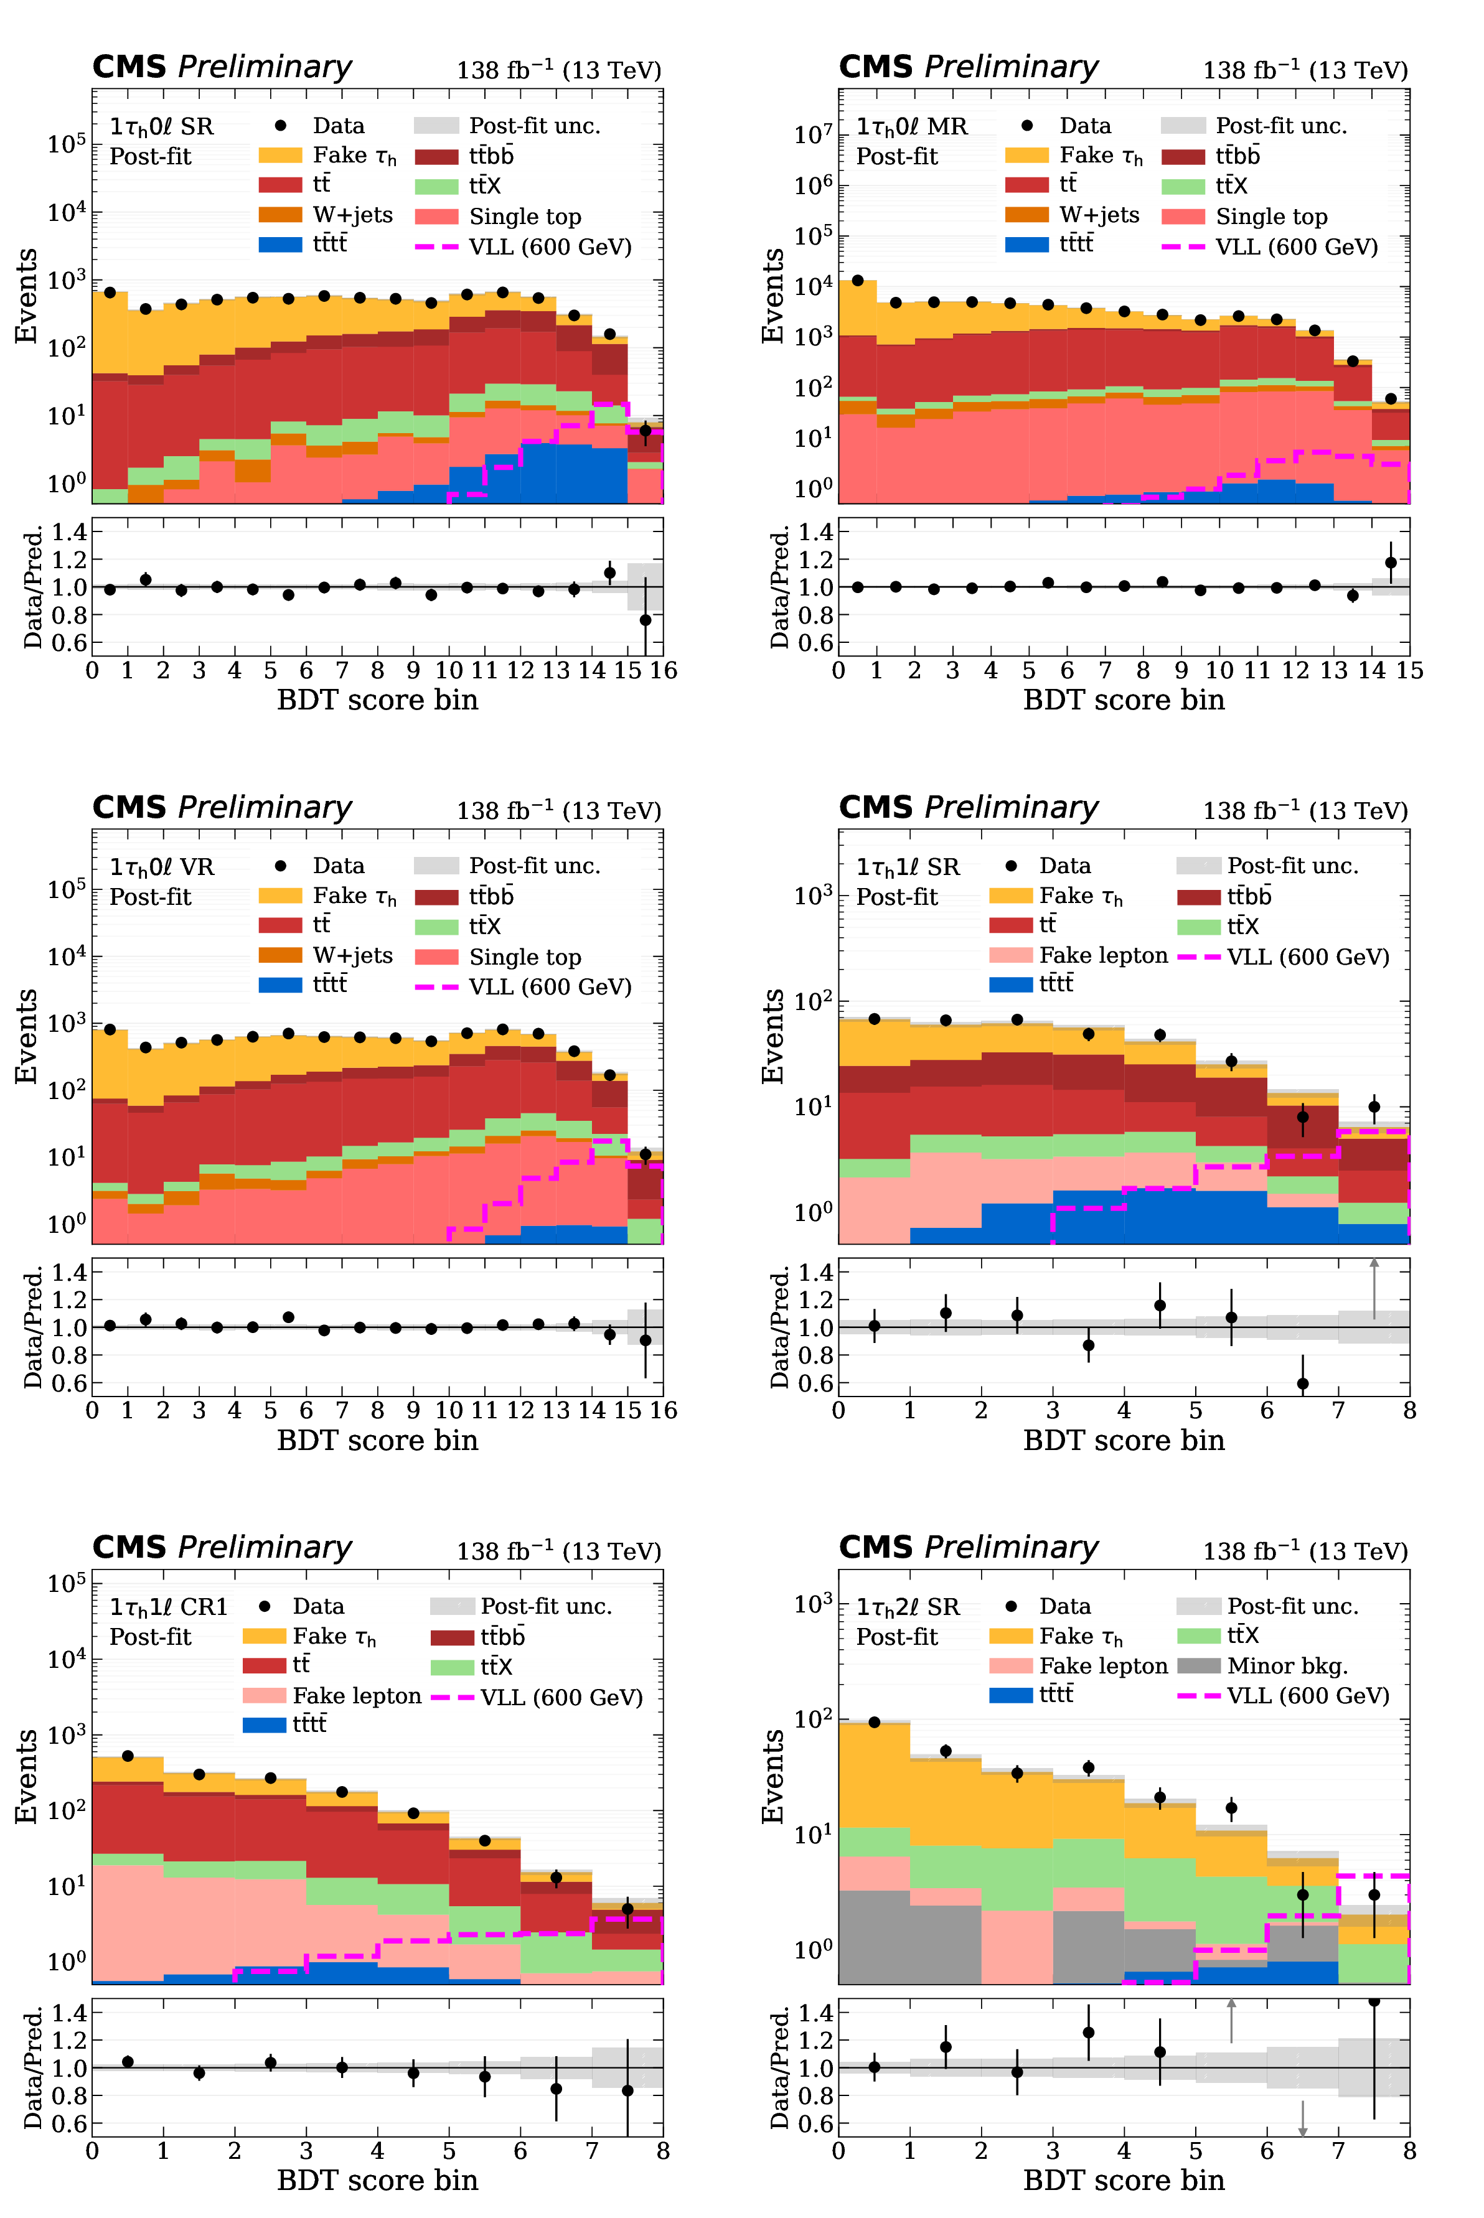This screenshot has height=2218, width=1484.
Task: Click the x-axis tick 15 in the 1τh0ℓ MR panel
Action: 1409,671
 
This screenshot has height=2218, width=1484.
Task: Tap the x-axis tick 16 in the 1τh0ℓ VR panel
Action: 662,1411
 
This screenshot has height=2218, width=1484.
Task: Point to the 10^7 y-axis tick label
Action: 813,134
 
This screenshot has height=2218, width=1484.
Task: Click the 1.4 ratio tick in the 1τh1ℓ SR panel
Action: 816,1273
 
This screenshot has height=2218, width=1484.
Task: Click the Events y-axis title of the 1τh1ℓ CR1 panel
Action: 27,1776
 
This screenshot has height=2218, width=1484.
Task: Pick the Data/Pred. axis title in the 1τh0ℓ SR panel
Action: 33,587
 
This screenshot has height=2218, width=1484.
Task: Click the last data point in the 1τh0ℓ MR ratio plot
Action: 1390,563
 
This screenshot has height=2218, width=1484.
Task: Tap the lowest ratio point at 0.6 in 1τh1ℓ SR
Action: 1302,1383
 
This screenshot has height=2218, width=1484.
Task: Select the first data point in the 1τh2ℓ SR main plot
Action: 873,1722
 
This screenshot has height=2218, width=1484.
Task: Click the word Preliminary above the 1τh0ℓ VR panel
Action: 265,807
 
